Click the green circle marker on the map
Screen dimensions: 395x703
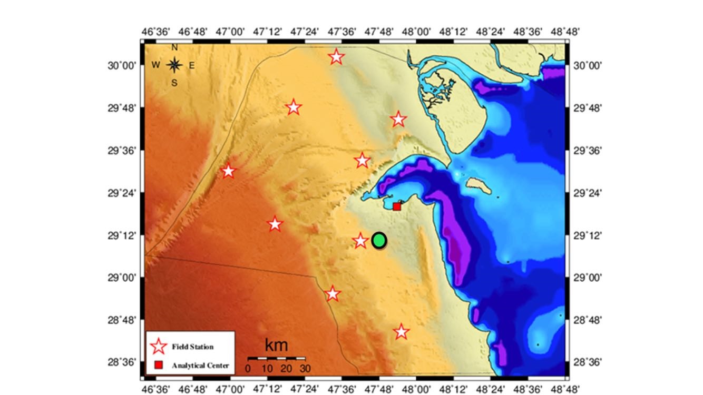tap(379, 240)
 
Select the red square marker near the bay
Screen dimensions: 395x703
tap(397, 207)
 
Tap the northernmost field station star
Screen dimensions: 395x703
tap(337, 56)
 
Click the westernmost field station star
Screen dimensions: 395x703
tap(228, 171)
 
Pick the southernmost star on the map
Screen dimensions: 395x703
tap(402, 332)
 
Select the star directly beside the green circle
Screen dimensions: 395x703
tap(360, 241)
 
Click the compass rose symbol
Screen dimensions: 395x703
tap(174, 65)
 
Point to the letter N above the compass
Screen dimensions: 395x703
tap(174, 47)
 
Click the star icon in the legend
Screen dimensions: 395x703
tap(159, 347)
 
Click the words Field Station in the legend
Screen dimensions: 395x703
tap(192, 347)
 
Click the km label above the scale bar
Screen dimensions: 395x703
tap(276, 345)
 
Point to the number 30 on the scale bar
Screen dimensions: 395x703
tap(305, 368)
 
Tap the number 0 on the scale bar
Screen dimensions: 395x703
tap(248, 368)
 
